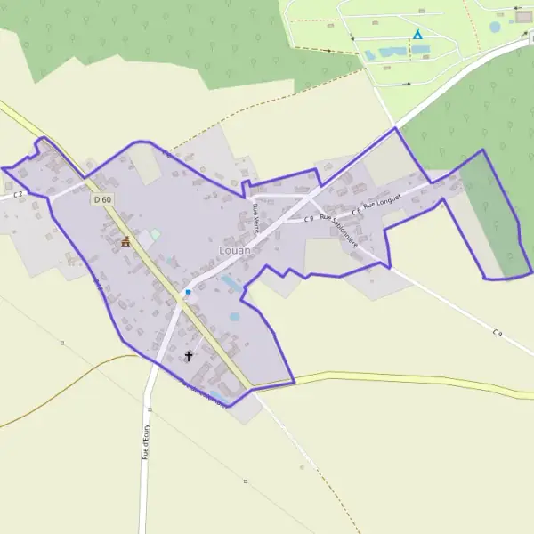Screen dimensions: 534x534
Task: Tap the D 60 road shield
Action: [102, 199]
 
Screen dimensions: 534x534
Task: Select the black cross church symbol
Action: [188, 356]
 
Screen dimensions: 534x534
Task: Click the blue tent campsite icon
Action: [417, 35]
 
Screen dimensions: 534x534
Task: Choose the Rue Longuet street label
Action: [383, 204]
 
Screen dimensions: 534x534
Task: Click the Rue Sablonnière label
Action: [339, 229]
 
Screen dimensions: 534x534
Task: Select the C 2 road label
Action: [18, 193]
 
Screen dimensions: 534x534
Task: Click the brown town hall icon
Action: [125, 240]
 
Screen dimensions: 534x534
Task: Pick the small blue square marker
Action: [188, 291]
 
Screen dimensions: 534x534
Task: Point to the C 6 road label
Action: [356, 212]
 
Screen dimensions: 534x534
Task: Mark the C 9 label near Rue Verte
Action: [308, 218]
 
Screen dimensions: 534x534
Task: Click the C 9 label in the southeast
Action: [497, 333]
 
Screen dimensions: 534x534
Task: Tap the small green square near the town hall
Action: [156, 234]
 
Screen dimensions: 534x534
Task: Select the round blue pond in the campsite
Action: [495, 27]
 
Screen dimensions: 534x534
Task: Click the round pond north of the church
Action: [234, 316]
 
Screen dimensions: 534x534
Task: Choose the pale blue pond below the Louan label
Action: [230, 282]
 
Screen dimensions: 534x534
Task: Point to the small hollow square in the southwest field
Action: [62, 342]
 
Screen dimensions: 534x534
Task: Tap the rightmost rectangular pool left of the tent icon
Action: [392, 52]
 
